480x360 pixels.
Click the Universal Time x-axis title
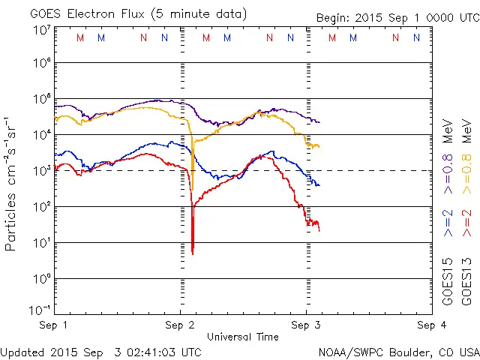pyautogui.click(x=243, y=337)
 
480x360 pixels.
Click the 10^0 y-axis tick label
pyautogui.click(x=39, y=279)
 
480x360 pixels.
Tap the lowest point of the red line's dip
pyautogui.click(x=193, y=253)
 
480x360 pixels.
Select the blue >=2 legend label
pyautogui.click(x=448, y=223)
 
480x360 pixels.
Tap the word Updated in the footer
pyautogui.click(x=23, y=352)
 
